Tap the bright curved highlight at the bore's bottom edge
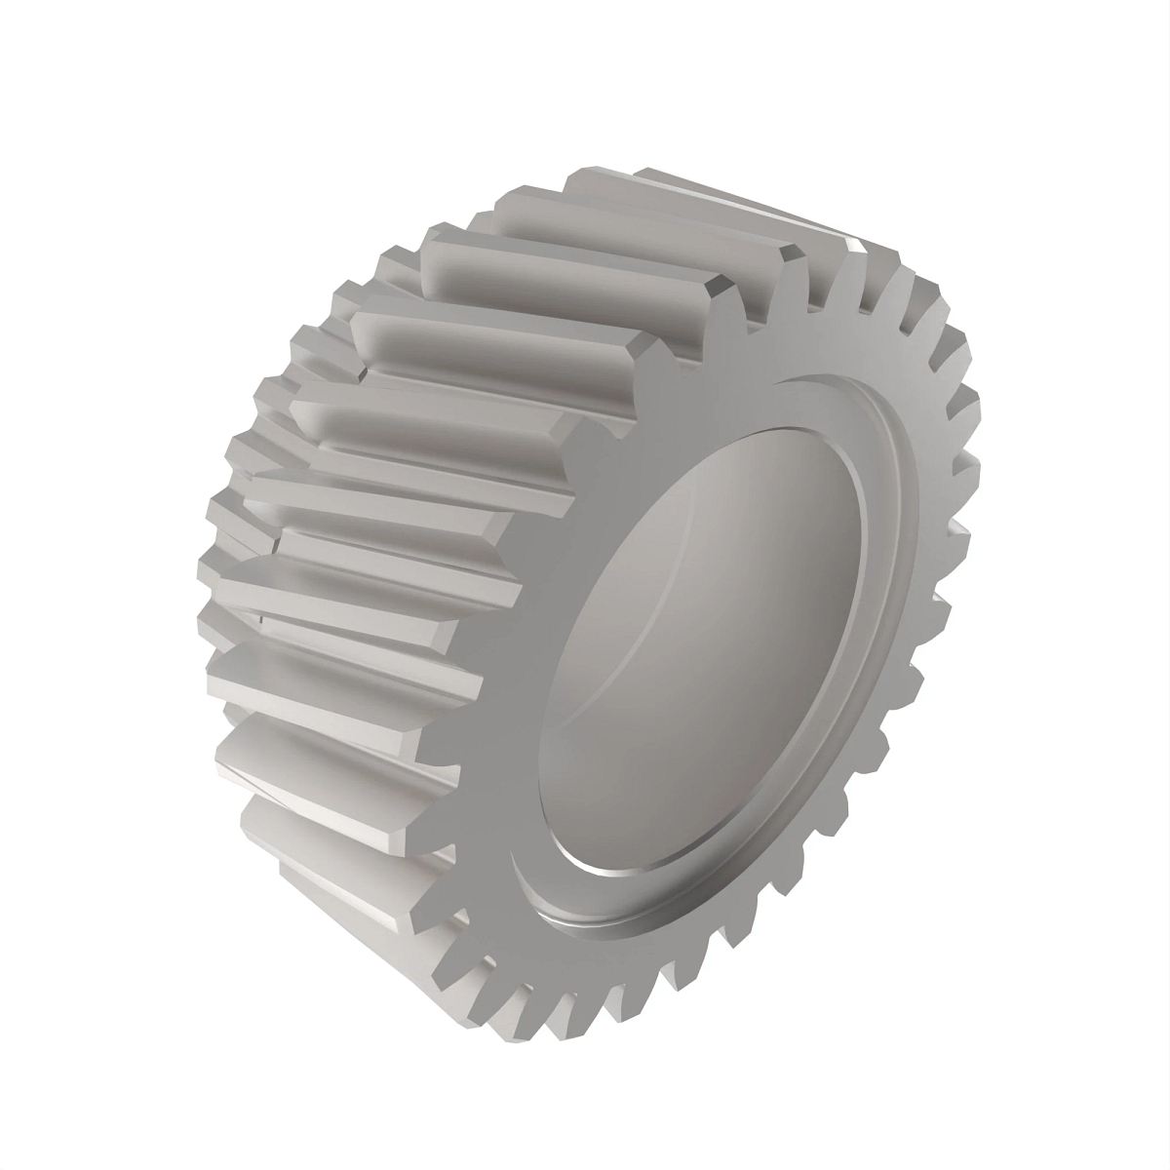(624, 871)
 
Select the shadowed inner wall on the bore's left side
(575, 682)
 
